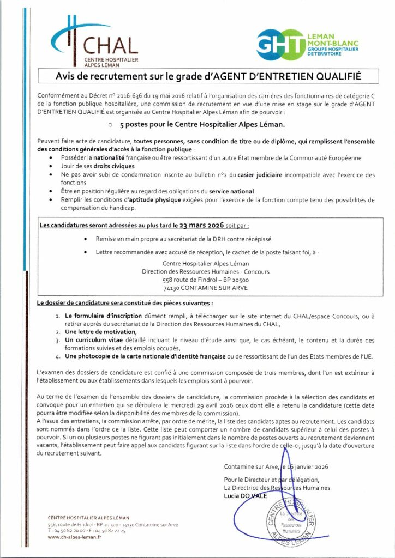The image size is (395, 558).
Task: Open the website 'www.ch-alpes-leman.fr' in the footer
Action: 75,536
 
